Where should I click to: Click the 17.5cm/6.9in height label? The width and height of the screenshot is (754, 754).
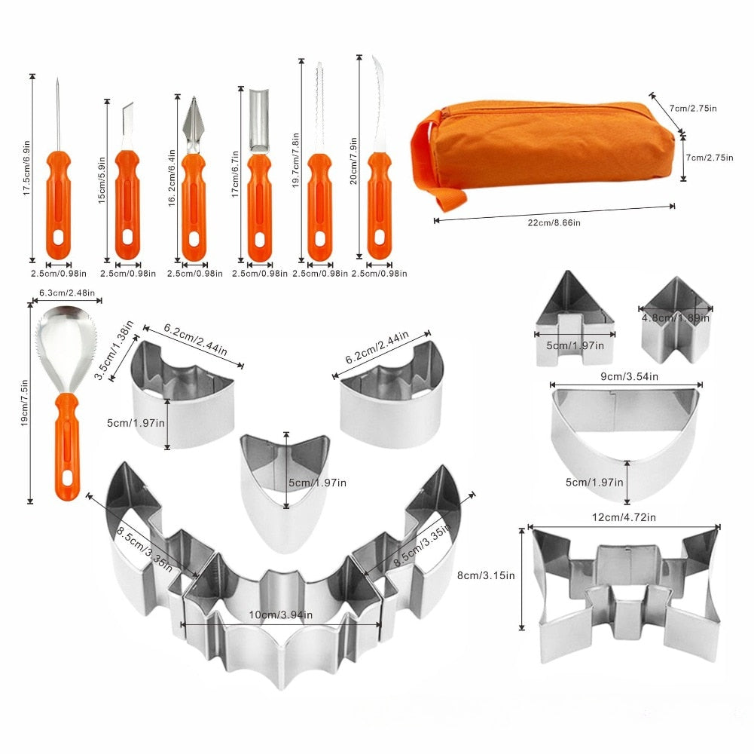point(27,168)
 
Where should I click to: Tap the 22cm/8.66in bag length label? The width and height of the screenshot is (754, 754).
point(554,223)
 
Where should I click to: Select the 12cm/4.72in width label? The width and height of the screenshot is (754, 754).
point(624,517)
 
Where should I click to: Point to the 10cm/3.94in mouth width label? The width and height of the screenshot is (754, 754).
point(281,615)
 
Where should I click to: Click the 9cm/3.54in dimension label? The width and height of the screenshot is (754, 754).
point(629,376)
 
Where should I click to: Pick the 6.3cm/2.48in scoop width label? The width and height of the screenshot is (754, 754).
point(67,293)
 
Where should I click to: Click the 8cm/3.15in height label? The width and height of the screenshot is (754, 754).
point(486,575)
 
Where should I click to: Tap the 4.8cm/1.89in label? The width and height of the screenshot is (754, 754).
point(675,317)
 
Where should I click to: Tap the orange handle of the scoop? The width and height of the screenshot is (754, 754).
point(67,446)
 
